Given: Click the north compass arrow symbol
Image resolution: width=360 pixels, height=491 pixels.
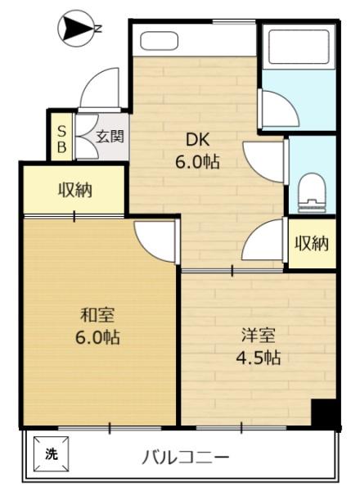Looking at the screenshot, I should (x=74, y=29).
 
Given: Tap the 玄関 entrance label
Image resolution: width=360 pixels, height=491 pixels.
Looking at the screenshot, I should (x=110, y=137).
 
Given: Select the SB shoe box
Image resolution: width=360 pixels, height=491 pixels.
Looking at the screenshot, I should (x=61, y=138).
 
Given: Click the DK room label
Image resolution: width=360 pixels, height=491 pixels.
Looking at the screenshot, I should (x=196, y=138).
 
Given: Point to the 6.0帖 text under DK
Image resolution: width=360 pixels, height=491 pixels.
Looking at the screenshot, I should (x=196, y=161).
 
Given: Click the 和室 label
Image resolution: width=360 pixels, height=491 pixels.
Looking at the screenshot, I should (x=96, y=313).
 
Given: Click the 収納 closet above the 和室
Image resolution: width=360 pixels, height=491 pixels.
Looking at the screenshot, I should (x=74, y=191).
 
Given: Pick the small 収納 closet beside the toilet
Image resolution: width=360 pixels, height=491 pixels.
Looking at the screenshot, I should (x=311, y=243).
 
